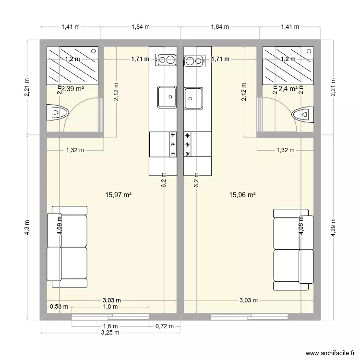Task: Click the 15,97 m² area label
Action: [118, 195]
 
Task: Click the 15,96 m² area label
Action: [242, 195]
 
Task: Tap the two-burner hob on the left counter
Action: [166, 60]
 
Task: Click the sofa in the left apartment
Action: [67, 247]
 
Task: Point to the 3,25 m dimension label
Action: [110, 333]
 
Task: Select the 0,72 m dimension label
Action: [165, 326]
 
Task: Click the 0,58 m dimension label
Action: [59, 307]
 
